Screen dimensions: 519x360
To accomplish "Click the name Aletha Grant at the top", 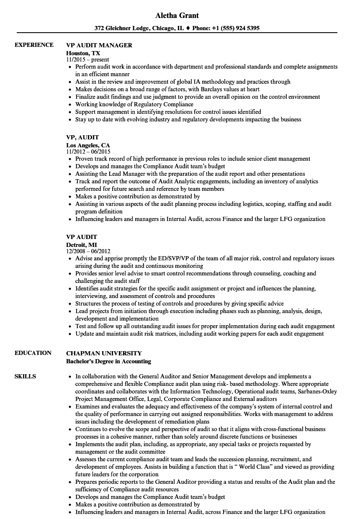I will coord(177,15).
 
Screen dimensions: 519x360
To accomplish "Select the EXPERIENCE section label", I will coord(34,45).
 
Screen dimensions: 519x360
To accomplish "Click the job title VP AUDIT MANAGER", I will coord(99,45).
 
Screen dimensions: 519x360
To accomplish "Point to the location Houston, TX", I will coord(83,53).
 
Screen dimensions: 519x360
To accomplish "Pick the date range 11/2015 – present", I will coord(88,60).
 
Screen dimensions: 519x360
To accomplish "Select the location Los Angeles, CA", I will coord(88,145).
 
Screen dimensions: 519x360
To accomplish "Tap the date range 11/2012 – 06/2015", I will coord(88,152).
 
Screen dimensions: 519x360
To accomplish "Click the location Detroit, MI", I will coord(82,245).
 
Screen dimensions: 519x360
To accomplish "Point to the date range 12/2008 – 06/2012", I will coord(88,251).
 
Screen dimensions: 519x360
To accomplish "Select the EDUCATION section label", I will coord(33,353).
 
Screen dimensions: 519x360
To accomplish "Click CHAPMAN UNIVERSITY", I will coord(104,353).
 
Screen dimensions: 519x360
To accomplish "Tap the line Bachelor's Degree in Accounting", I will coord(109,361).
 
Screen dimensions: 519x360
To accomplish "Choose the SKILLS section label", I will coord(25,376).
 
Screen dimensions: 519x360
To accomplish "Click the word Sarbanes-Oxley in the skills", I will coord(317,391).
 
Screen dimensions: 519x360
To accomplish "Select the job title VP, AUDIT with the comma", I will coord(82,137).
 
